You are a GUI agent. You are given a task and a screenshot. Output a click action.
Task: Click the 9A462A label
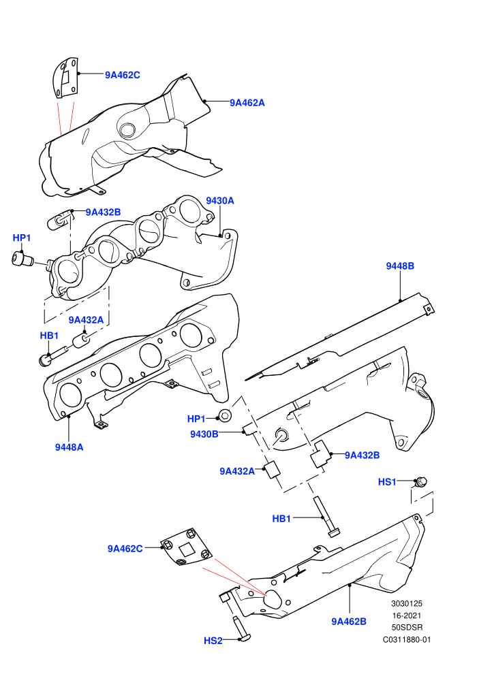coord(247,103)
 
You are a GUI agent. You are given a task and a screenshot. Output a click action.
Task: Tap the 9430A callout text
coord(220,201)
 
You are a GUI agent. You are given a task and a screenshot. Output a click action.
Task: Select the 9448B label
coord(400,266)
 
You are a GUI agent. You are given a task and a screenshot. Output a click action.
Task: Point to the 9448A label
coord(70,447)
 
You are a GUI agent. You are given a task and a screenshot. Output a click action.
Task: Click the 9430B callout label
coord(204,434)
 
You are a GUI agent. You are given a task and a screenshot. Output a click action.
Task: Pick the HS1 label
coord(386,482)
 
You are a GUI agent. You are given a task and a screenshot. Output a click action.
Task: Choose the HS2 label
coord(213,641)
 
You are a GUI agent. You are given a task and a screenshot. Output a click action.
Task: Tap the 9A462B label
coord(349,622)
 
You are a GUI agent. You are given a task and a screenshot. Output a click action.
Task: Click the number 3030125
coord(406,603)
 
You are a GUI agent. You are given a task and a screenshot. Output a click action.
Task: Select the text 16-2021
coord(406,615)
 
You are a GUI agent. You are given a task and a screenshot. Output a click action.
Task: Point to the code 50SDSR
coord(407,628)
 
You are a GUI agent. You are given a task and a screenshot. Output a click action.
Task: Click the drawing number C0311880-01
coord(406,639)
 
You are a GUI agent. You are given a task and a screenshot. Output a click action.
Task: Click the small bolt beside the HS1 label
coord(420,482)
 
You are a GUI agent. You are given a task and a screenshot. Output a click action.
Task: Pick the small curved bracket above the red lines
coord(65,78)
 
